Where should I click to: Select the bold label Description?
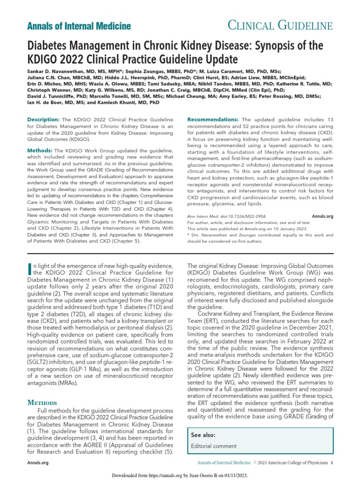(x=44, y=120)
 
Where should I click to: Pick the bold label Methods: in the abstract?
(x=40, y=150)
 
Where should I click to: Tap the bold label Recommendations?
(x=213, y=120)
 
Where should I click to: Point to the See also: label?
(x=203, y=435)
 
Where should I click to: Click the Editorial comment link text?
(x=214, y=446)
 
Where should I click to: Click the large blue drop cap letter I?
(x=30, y=268)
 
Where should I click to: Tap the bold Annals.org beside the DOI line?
(x=322, y=217)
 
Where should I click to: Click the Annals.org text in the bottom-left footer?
(x=38, y=463)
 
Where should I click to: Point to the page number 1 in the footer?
(x=331, y=463)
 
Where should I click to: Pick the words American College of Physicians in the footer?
(x=298, y=463)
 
